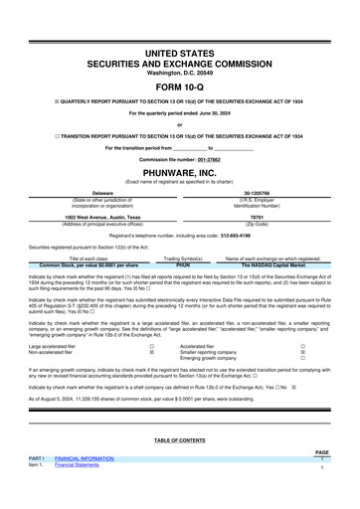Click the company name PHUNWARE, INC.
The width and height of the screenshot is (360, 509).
(x=179, y=171)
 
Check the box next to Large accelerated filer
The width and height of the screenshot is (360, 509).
(x=151, y=346)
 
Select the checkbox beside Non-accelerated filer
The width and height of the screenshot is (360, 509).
(x=151, y=352)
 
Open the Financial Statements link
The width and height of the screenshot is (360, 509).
(x=78, y=466)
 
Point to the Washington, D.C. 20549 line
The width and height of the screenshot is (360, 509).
(x=179, y=74)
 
